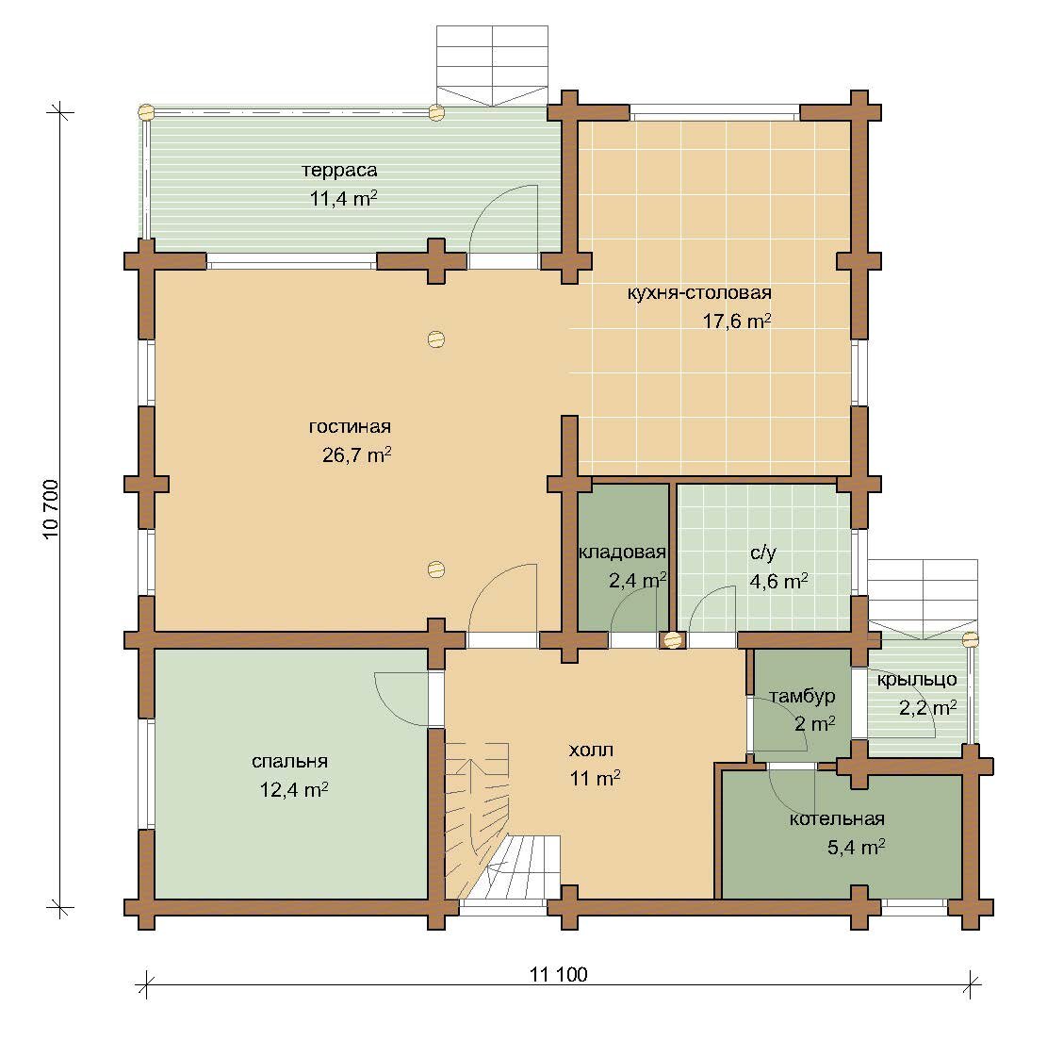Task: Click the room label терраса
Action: pos(339,171)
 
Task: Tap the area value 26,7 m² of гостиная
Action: pos(356,454)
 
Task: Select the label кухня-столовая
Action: pos(699,292)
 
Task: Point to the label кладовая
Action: pos(622,552)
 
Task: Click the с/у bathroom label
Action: pos(763,553)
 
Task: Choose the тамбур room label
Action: pos(801,696)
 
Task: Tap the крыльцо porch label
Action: pos(917,680)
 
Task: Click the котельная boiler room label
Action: pos(837,819)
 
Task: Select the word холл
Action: pos(591,751)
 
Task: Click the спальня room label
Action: pos(290,762)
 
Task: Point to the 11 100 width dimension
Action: pos(558,975)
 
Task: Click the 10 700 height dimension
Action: pos(52,510)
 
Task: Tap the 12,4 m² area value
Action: pos(294,790)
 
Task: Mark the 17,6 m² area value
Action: pos(737,322)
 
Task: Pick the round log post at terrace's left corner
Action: pos(145,112)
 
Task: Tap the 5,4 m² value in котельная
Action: pos(856,848)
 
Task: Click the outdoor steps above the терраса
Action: pos(492,65)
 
